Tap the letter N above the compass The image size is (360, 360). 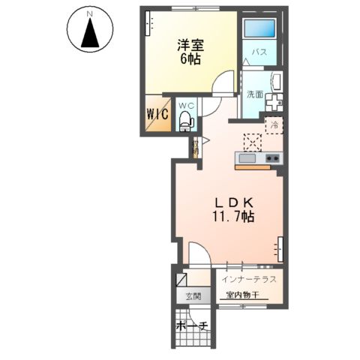[90, 14]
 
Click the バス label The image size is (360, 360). [259, 52]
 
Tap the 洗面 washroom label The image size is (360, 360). [254, 94]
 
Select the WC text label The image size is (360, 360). [187, 105]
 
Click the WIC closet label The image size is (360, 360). [157, 115]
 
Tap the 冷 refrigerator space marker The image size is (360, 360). [274, 125]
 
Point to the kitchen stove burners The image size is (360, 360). [271, 157]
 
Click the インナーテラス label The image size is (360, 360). [248, 280]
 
